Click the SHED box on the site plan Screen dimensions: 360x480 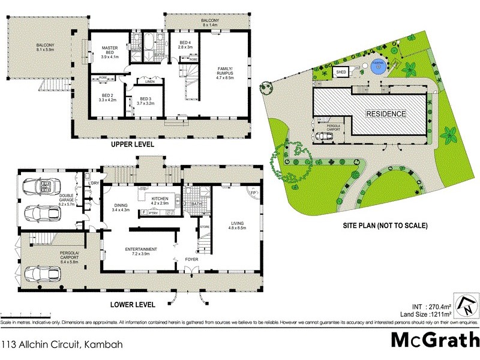coord(341,72)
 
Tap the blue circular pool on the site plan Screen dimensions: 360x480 coord(377,67)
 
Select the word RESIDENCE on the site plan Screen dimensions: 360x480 coord(386,113)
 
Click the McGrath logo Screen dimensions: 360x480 coord(434,340)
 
